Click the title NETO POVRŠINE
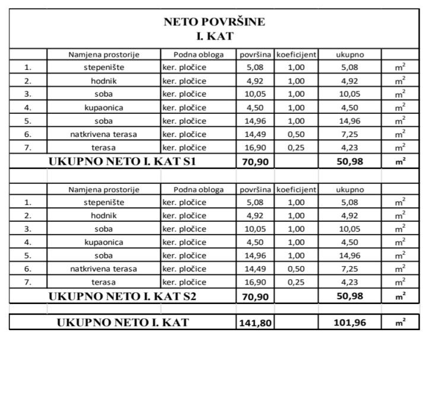214,23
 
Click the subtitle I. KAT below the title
214,37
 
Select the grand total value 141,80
255,323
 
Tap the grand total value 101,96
349,323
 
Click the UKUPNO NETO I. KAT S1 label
122,161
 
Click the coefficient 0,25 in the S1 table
295,148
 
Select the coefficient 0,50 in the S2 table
295,269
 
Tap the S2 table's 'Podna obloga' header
198,190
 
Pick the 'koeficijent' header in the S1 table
296,55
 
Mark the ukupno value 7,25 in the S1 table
349,135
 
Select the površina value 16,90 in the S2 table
255,283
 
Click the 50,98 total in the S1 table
349,161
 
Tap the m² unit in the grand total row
400,323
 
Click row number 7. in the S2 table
28,283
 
